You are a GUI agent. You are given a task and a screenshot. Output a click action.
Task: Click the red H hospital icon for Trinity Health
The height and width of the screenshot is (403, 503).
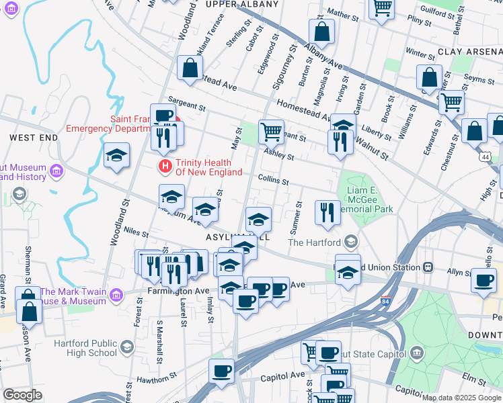[x=163, y=165]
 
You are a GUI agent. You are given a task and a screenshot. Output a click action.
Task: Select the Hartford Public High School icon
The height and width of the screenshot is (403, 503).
[x=128, y=347]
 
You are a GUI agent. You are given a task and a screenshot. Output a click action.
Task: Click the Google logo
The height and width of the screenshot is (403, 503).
[x=22, y=395]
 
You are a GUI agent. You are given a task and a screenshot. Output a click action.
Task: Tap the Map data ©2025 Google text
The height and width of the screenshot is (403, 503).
[x=461, y=398]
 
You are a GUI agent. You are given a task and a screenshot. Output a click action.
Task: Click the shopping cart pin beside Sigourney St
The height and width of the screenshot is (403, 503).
[x=272, y=131]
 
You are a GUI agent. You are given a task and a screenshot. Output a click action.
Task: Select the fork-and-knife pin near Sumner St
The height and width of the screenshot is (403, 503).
[x=327, y=212]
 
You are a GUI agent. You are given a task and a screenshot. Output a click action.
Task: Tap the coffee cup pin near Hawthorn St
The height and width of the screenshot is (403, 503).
[x=222, y=371]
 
